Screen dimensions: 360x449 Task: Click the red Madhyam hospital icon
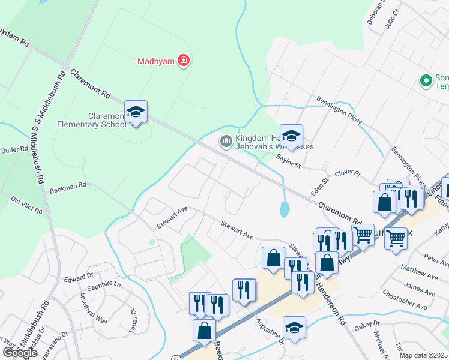pos(184,61)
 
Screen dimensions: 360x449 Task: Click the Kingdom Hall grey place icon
pos(226,141)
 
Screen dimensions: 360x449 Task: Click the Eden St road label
pos(318,183)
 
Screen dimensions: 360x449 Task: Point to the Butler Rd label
pos(15,149)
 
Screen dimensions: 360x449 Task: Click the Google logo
pos(20,352)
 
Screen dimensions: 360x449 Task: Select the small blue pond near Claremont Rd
pos(284,209)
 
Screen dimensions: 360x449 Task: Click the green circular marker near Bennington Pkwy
pos(426,80)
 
